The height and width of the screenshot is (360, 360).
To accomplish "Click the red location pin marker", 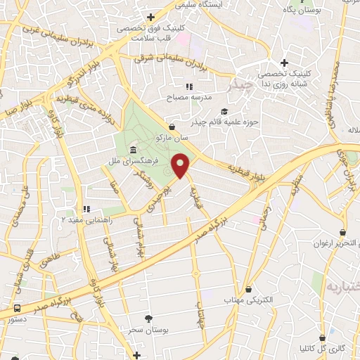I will coord(181,166).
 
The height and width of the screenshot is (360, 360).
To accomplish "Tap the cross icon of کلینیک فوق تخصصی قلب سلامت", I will coord(150,17).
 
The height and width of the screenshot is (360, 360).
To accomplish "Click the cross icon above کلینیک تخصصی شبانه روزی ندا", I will coord(284,63).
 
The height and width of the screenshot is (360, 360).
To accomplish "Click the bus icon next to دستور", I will coord(16,308).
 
